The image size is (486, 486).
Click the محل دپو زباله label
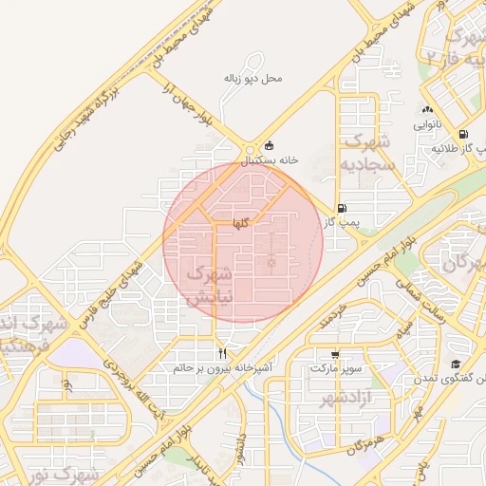[x=253, y=78]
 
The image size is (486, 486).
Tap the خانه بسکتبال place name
[x=268, y=160]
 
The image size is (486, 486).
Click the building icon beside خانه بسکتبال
[x=269, y=145]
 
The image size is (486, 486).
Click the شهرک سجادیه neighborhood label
[x=368, y=153]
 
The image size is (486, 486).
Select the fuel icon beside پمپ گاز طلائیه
[x=463, y=135]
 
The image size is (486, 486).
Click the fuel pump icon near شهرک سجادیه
[x=341, y=208]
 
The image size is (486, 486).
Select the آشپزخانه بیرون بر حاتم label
[x=224, y=365]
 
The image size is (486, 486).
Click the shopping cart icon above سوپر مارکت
[x=334, y=352]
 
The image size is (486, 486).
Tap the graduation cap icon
[x=456, y=364]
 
